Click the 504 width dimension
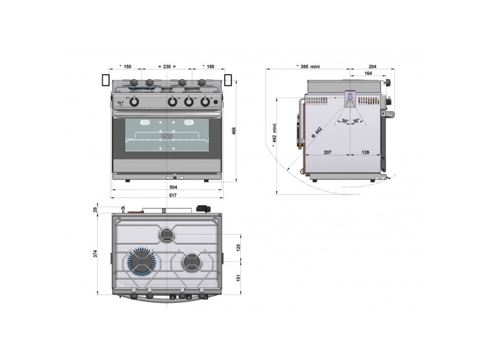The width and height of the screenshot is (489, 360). (173, 187)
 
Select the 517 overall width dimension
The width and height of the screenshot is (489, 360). (173, 195)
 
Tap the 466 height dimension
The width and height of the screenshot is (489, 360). (234, 131)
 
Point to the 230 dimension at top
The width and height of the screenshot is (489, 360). (167, 66)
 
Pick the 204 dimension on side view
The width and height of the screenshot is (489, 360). (372, 66)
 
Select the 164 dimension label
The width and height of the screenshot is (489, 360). (368, 73)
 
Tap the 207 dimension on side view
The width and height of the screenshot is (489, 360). (327, 152)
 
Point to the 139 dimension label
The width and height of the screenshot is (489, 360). (365, 152)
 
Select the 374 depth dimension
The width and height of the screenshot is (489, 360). (96, 254)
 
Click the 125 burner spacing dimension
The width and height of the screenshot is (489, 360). (238, 248)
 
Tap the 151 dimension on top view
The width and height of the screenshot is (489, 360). (238, 278)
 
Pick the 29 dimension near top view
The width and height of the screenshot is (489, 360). (96, 210)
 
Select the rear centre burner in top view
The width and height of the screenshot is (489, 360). (167, 234)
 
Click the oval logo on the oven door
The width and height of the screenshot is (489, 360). (167, 136)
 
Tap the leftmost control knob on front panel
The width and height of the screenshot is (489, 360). (134, 102)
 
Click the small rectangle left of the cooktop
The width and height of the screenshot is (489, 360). (106, 80)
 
